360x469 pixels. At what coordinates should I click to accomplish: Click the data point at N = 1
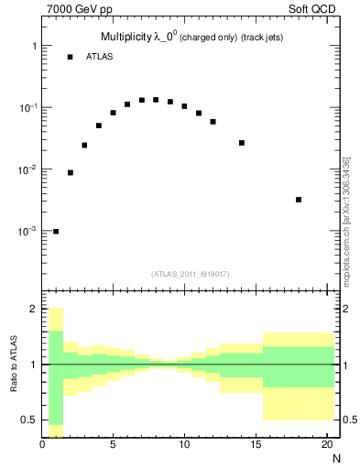tap(56, 232)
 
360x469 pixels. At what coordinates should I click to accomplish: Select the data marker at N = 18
tap(299, 200)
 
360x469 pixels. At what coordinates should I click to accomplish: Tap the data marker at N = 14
tap(242, 143)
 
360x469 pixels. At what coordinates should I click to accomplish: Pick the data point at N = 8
tap(156, 100)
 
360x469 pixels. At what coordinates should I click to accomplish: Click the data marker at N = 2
tap(71, 172)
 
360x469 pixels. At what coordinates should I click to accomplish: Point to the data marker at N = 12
tap(213, 122)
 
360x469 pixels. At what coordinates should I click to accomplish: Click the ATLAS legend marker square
tap(70, 57)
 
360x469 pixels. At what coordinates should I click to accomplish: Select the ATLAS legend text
tap(101, 57)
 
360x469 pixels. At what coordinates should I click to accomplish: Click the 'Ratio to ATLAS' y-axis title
tap(15, 365)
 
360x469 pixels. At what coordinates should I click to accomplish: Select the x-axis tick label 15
tap(256, 445)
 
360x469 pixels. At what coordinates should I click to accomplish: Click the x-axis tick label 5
tap(113, 445)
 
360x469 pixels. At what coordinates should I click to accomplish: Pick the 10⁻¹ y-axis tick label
tap(28, 108)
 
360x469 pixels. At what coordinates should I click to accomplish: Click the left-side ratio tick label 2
tap(33, 310)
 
